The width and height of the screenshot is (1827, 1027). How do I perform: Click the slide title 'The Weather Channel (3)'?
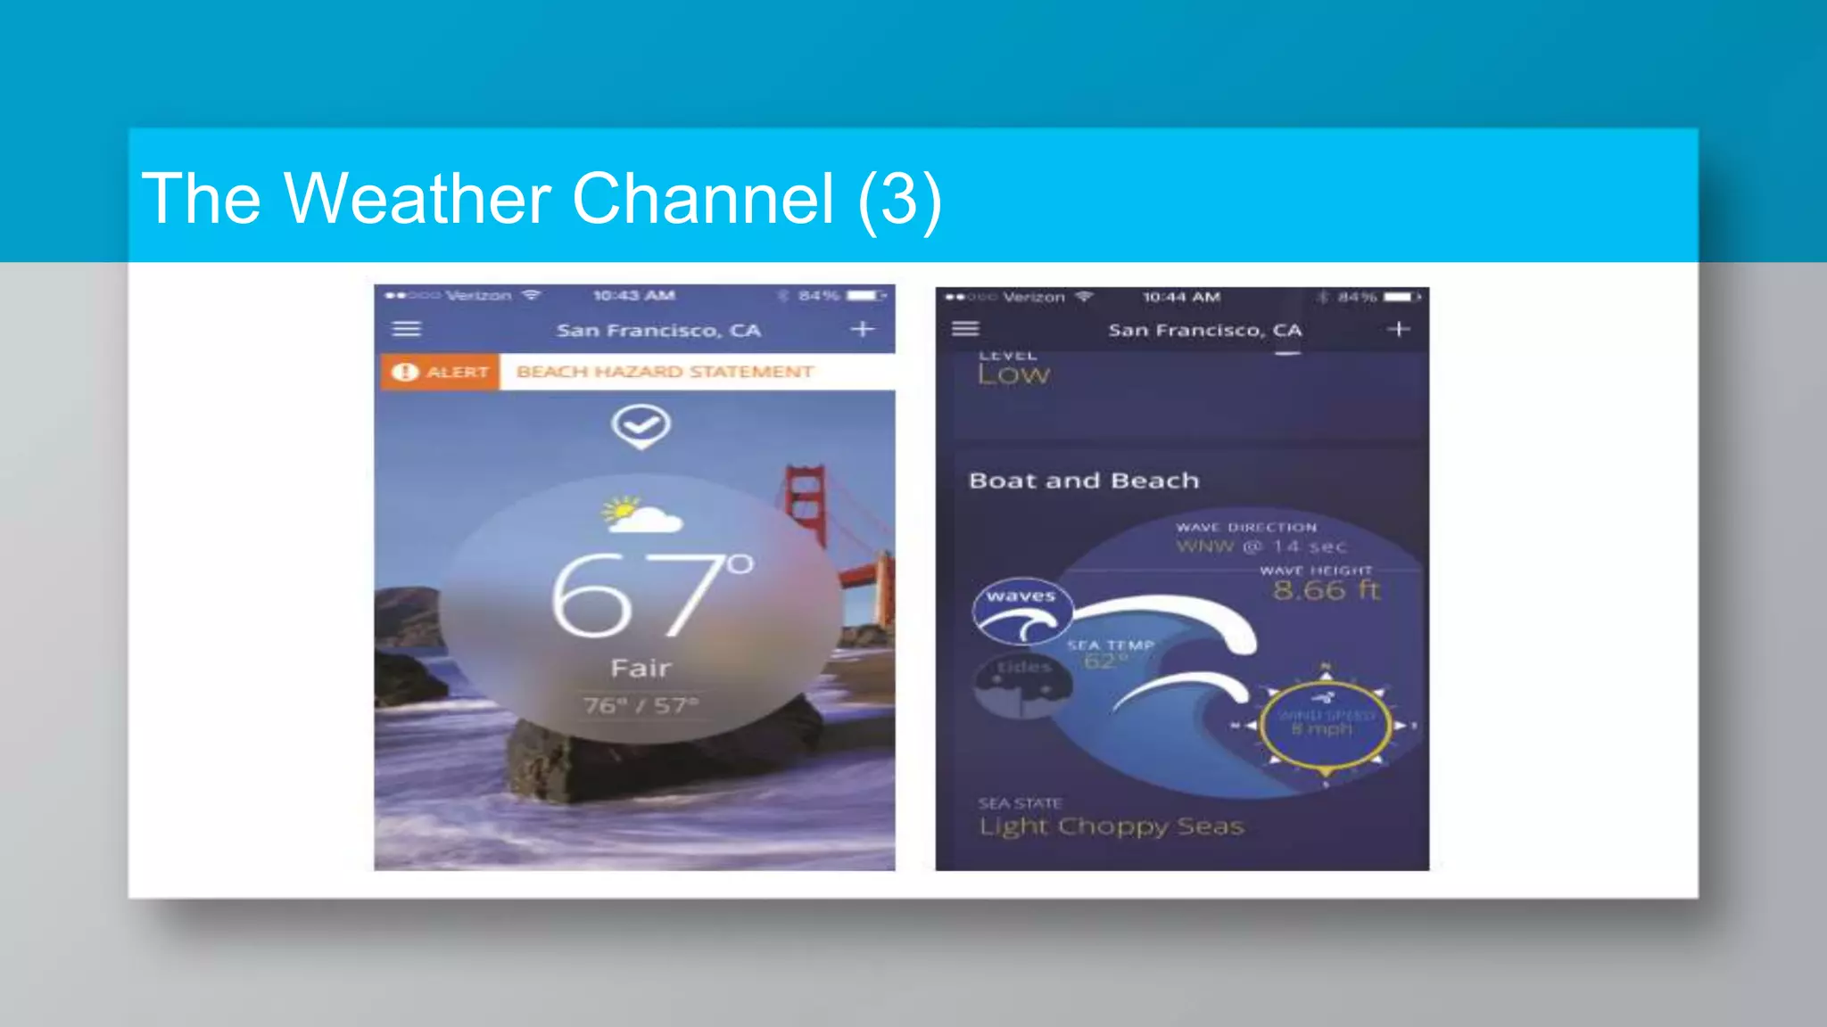[x=541, y=199]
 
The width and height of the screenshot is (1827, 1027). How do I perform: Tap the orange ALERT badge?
[x=441, y=372]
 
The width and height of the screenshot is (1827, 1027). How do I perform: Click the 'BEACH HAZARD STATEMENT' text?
[x=665, y=372]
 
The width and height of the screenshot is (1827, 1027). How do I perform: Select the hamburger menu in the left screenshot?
[x=407, y=329]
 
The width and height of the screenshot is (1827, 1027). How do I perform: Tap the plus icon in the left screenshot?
[x=862, y=329]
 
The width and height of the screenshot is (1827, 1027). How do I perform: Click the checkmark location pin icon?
[x=641, y=426]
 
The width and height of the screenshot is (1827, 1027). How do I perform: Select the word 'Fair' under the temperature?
[x=641, y=668]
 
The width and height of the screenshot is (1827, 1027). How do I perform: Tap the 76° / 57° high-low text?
[x=641, y=706]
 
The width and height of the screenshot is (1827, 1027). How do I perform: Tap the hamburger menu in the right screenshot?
[x=965, y=329]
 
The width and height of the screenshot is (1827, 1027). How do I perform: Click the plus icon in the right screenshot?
[x=1398, y=329]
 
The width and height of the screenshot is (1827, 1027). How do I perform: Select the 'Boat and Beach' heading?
[x=1084, y=481]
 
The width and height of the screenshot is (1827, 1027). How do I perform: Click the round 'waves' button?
[x=1021, y=611]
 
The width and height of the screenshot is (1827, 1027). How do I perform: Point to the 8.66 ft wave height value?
[x=1326, y=590]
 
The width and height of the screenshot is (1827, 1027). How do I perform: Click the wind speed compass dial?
[x=1325, y=726]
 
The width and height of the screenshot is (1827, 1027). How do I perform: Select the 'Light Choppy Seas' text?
[x=1111, y=826]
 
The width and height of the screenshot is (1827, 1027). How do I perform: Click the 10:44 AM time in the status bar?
[x=1181, y=297]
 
